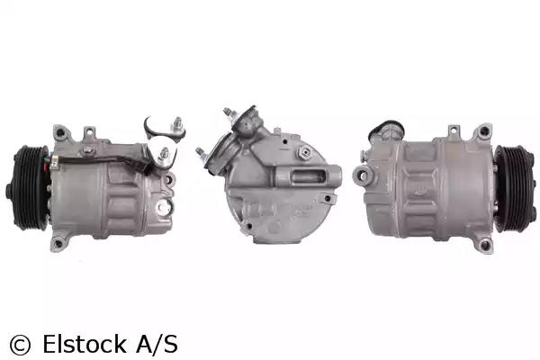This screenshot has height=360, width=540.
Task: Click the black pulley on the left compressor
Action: coord(28,188)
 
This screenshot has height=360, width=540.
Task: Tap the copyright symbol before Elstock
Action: coord(20,345)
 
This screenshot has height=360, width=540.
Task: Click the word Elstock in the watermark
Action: coord(85,344)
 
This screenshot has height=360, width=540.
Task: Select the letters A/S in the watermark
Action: coord(157,344)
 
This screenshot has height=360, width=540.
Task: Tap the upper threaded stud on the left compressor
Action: coord(178,123)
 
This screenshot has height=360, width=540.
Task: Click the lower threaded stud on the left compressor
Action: coord(165,154)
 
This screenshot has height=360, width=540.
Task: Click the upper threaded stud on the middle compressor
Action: coord(228,112)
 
